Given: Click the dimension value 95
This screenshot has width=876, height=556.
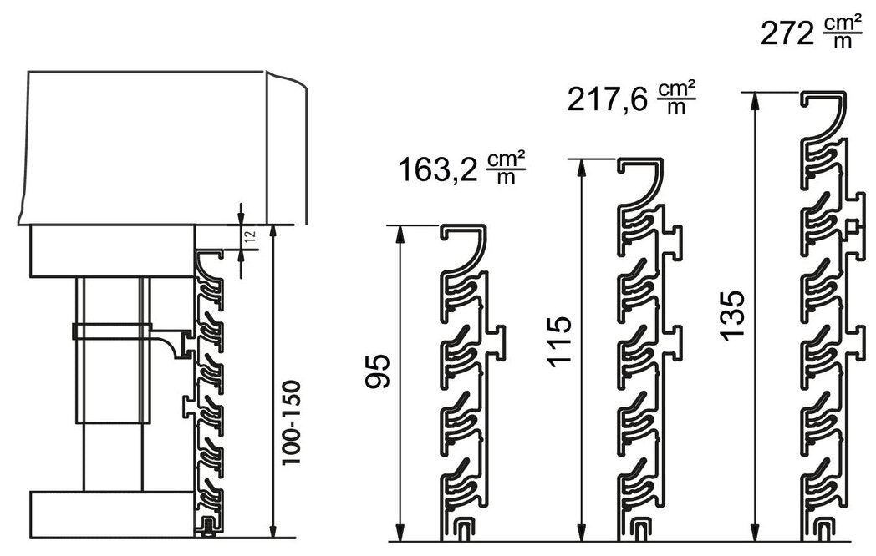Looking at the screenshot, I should (378, 372).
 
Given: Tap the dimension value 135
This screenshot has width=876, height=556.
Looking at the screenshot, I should (731, 315).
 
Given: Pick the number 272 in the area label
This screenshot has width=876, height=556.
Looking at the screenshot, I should (787, 34).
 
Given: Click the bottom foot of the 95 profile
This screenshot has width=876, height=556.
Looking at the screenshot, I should (464, 528).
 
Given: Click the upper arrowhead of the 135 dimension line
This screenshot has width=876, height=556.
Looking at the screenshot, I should (756, 100).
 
